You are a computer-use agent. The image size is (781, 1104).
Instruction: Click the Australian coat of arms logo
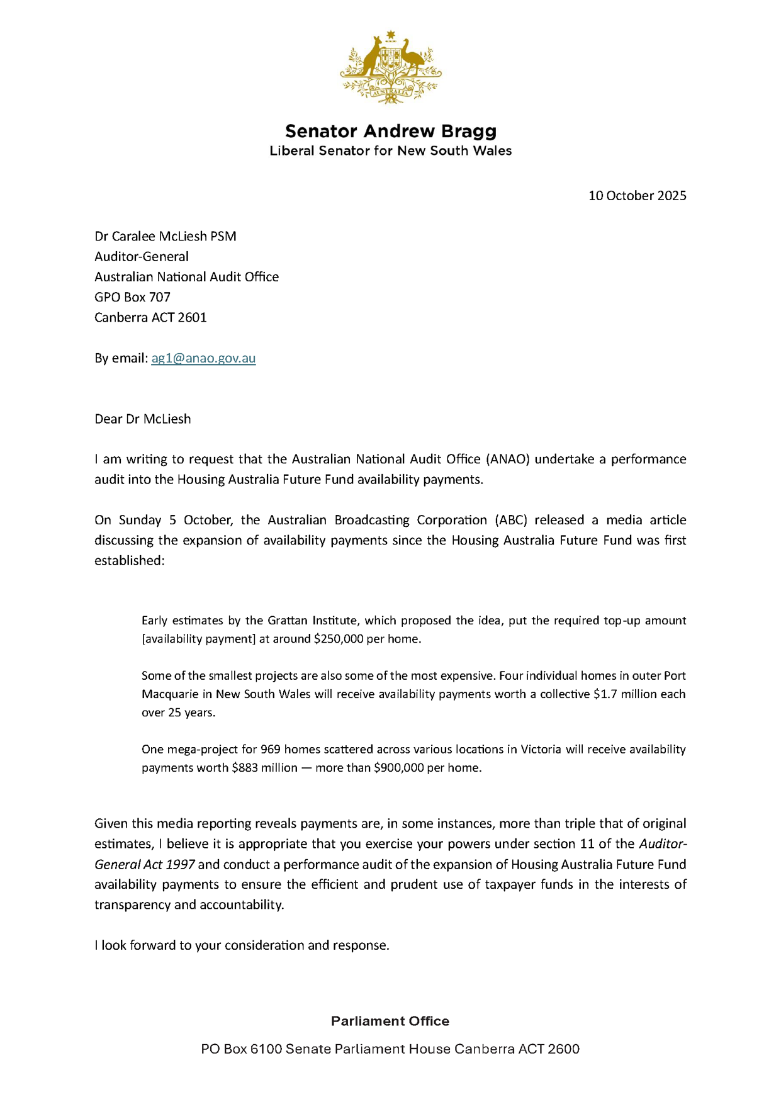390,67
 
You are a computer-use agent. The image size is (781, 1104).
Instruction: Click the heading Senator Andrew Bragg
390,131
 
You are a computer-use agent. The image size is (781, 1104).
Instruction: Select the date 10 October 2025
637,196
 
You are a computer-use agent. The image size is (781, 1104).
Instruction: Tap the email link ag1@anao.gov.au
203,358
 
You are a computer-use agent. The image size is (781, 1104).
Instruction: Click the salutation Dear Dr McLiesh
142,419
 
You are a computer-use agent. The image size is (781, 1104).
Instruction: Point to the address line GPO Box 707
132,297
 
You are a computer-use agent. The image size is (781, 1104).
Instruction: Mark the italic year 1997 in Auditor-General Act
181,865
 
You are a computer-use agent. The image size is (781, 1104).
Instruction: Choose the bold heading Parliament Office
390,1021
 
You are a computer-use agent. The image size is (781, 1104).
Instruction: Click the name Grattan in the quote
286,621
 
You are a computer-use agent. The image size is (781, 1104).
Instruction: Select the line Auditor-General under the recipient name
142,257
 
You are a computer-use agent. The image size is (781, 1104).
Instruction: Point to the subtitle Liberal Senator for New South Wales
390,151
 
